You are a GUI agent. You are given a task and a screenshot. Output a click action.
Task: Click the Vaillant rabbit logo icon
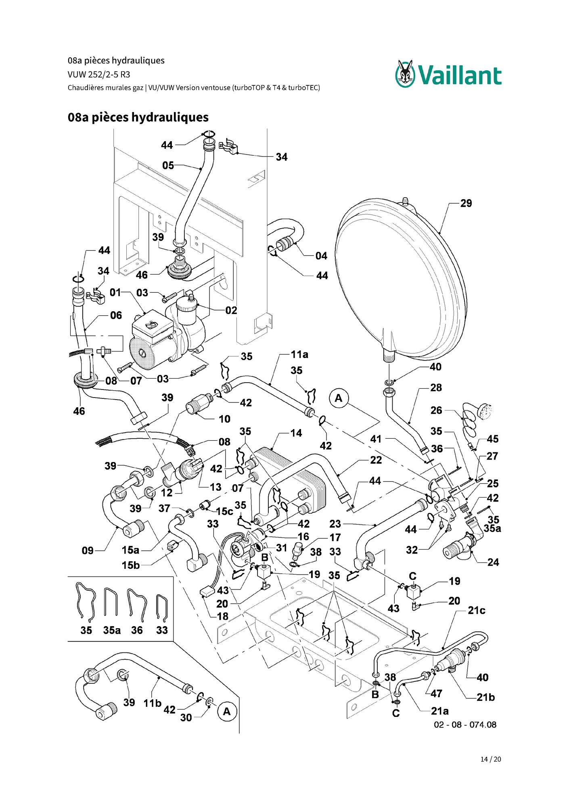pos(405,73)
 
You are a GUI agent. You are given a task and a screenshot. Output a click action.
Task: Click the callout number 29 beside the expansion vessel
pos(466,203)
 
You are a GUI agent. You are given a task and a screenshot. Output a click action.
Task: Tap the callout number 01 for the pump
pos(115,292)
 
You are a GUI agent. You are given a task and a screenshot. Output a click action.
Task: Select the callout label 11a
pos(299,354)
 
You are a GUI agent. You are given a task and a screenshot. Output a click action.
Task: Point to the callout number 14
pos(296,433)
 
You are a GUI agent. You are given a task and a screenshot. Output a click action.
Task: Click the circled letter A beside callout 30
pos(227,711)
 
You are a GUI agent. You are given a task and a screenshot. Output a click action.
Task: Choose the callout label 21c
pos(477,610)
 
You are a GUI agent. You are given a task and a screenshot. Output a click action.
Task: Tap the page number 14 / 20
pos(491,759)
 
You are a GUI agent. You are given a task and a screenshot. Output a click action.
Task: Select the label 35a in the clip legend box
pos(112,630)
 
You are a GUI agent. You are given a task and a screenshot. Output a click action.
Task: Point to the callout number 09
pos(88,550)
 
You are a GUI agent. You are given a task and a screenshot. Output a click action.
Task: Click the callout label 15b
pos(131,565)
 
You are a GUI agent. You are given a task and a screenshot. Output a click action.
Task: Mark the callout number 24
pos(493,562)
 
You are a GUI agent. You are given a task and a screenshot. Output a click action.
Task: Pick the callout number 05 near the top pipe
pos(168,165)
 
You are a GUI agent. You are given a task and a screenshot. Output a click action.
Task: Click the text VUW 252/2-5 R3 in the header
pos(99,75)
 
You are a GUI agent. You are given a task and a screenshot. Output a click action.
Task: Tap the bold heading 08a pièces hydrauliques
pos(138,117)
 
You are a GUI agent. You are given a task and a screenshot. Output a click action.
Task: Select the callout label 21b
pos(486,697)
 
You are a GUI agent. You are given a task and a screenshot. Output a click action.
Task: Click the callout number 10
pos(224,419)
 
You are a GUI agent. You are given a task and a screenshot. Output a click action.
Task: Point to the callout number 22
pos(376,460)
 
